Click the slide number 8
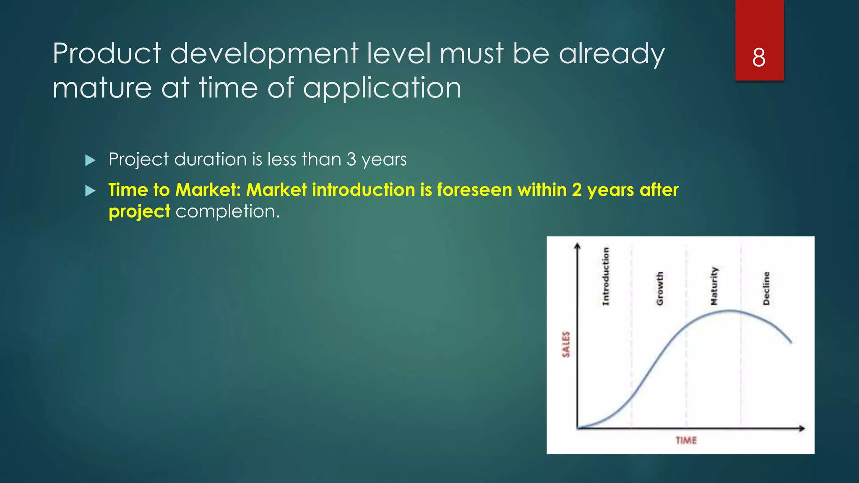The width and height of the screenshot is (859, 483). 759,57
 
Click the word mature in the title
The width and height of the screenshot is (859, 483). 102,88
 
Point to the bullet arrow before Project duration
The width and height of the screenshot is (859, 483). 90,160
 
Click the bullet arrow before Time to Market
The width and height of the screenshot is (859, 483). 90,191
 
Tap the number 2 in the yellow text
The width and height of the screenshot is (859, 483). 577,190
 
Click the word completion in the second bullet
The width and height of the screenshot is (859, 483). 227,211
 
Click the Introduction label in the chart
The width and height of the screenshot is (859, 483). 606,276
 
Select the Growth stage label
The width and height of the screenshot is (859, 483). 660,288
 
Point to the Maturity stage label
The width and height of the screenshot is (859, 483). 714,286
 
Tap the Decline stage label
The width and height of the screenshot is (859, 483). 766,288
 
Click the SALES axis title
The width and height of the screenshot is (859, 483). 566,344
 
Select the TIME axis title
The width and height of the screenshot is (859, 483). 686,440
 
